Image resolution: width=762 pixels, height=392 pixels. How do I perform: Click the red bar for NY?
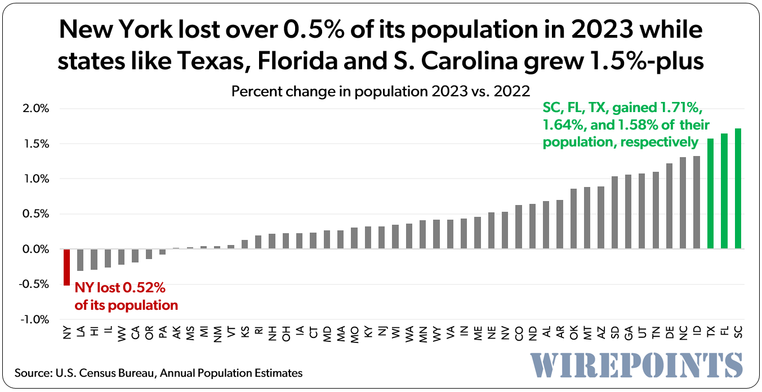(66, 267)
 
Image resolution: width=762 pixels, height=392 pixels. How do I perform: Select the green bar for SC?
(738, 189)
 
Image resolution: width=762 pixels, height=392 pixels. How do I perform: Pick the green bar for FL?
(724, 191)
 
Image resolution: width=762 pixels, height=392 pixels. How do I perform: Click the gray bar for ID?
(697, 202)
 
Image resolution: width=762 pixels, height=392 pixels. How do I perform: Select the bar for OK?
(573, 219)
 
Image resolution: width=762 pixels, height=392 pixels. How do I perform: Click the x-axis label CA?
(135, 333)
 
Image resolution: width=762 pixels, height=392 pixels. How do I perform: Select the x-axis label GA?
(628, 333)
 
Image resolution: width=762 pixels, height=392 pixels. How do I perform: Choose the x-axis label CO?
(519, 333)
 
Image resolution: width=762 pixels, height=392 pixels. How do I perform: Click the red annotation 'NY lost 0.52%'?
(120, 288)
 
